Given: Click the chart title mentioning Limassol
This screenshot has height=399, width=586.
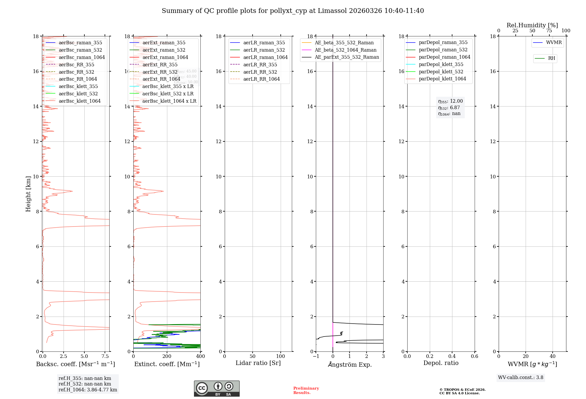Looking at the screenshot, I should click(293, 11).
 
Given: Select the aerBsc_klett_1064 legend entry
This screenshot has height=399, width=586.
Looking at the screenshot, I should click(79, 101).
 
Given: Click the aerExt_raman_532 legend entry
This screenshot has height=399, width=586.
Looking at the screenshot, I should click(164, 50).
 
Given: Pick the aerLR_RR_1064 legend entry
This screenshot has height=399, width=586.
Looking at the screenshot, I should click(261, 79).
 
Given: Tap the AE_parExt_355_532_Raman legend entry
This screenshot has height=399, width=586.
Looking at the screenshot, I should click(347, 57).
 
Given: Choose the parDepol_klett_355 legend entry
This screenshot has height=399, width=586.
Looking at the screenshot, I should click(441, 65).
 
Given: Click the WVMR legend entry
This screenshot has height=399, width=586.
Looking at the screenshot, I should click(554, 43).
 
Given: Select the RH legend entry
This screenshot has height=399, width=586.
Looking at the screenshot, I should click(551, 58).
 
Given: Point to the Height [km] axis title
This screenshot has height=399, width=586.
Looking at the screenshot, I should click(28, 194).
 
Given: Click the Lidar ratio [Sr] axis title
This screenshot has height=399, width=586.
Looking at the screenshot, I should click(258, 363).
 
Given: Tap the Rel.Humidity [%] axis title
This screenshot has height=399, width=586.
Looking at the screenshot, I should click(532, 25).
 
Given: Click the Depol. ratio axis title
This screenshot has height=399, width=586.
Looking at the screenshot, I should click(441, 363).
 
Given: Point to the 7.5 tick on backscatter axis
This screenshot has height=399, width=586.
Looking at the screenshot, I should click(105, 356).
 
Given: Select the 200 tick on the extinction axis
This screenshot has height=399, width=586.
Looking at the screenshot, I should click(167, 356).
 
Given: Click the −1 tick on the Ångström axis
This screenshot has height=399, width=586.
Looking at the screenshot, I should click(316, 356).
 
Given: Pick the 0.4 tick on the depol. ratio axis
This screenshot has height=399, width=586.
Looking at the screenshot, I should click(452, 356).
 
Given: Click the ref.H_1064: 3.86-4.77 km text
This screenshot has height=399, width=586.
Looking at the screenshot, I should click(88, 390).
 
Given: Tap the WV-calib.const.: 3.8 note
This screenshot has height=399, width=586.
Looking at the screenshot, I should click(521, 378).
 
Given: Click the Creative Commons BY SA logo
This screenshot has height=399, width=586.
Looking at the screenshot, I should click(217, 389).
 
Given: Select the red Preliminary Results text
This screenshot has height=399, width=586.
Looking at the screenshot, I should click(306, 390).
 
